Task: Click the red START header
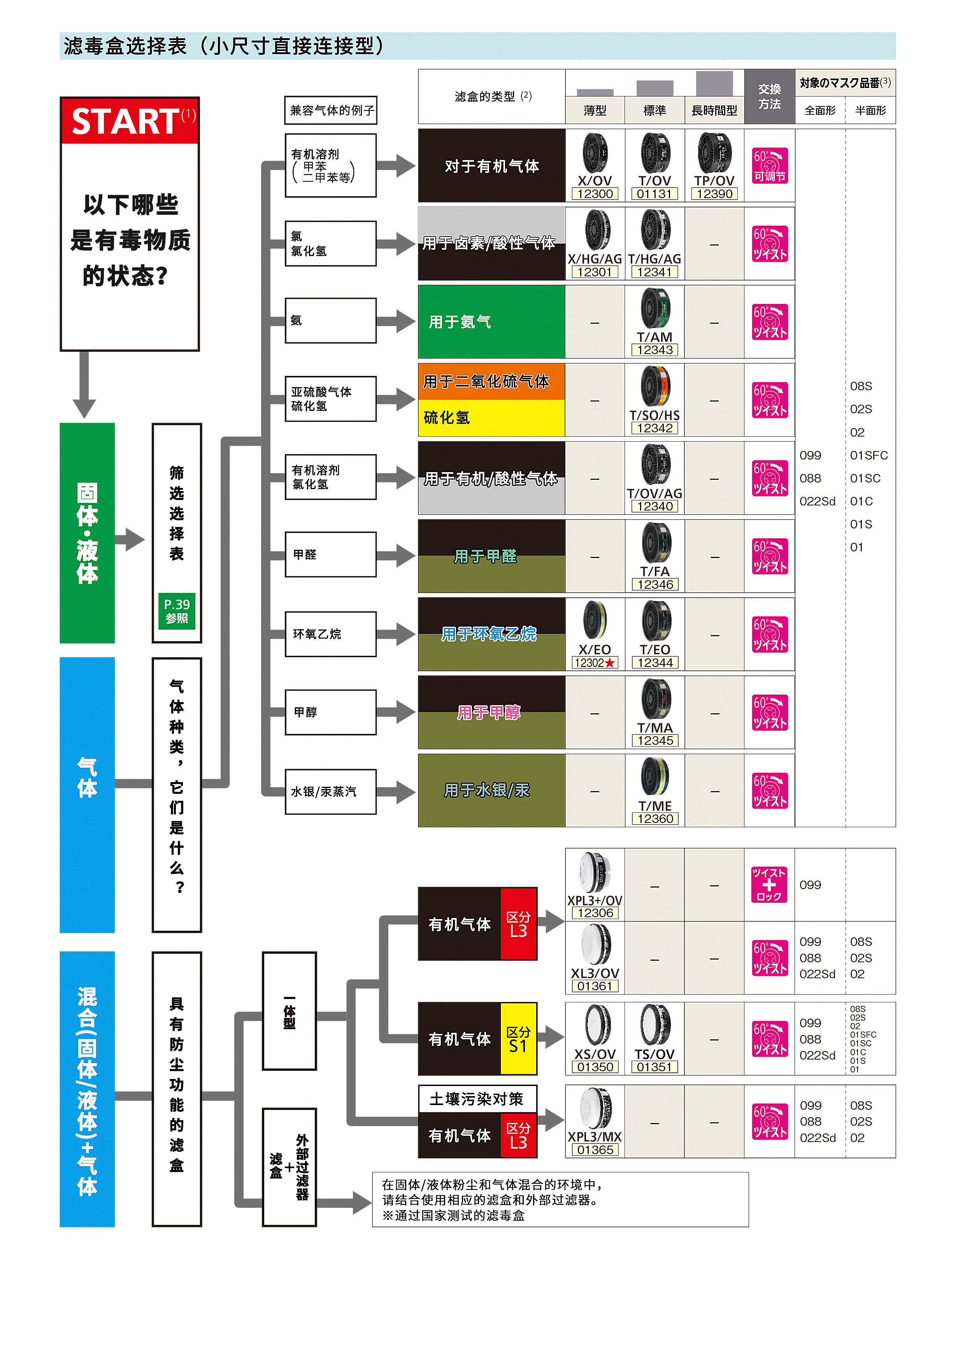point(130,121)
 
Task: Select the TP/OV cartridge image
point(714,153)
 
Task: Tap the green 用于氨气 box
point(491,322)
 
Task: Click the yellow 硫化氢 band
point(491,418)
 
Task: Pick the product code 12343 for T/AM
point(654,350)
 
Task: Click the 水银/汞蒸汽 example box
point(331,792)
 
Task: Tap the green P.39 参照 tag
point(177,611)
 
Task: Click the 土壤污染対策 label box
point(477,1099)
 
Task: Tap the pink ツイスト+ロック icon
point(769,884)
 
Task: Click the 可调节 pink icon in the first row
point(769,165)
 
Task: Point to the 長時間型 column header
point(714,111)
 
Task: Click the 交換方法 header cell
point(769,96)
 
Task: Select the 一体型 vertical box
point(289,1011)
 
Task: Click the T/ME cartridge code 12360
point(654,819)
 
